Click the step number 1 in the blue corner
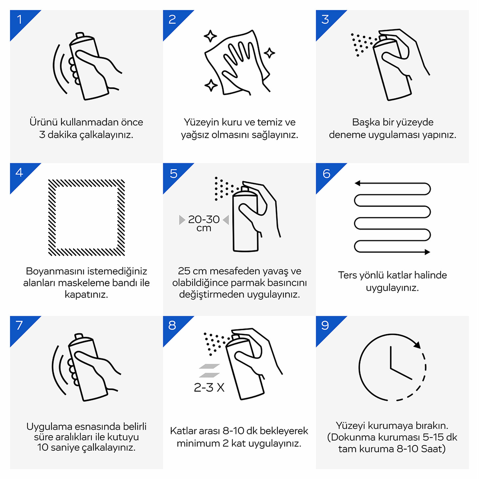[20, 20]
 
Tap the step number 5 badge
[174, 173]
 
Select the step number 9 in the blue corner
[325, 325]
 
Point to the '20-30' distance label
[204, 219]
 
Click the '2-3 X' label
[209, 388]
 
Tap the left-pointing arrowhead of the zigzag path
[358, 183]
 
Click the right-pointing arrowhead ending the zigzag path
[427, 252]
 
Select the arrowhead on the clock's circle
[417, 345]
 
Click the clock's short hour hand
[401, 374]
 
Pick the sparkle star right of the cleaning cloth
[269, 53]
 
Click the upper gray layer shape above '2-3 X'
[209, 366]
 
